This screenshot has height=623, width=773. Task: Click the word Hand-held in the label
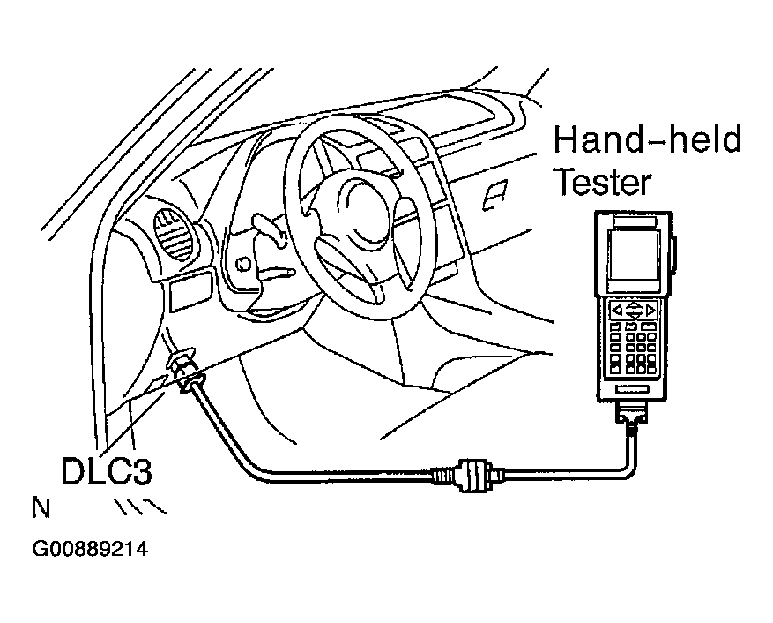(647, 141)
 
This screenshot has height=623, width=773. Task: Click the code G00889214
(89, 549)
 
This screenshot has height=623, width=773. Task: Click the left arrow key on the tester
(618, 310)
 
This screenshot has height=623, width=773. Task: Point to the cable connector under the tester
(633, 417)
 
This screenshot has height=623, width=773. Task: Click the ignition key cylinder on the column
(242, 262)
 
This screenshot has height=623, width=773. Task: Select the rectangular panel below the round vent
(190, 289)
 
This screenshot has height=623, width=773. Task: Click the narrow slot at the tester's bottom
(632, 388)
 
